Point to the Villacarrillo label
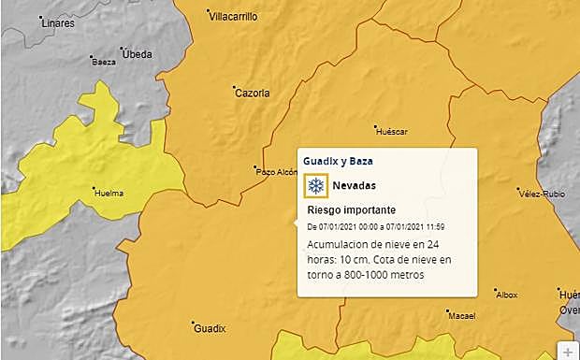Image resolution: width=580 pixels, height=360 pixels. coord(232,16)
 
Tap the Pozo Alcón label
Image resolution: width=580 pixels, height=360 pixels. coord(275,171)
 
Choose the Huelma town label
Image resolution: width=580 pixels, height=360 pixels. coord(109,194)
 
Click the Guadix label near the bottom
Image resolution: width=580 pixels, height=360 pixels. coord(209,328)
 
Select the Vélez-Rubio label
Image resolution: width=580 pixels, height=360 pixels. coord(536,194)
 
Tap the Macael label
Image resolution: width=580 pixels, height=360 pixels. coord(463,316)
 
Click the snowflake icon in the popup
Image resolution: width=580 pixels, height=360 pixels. coord(316,185)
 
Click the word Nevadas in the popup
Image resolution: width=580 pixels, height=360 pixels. coord(355,185)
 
